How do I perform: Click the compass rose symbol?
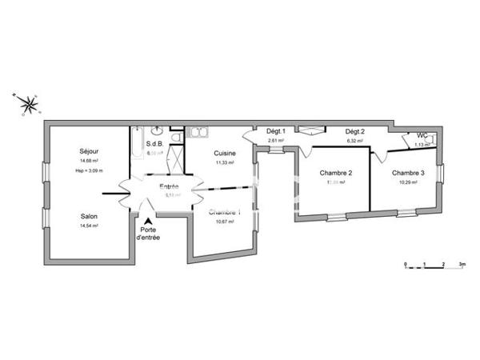[x=28, y=102]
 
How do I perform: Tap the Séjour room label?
[x=89, y=150]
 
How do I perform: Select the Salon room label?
[x=89, y=215]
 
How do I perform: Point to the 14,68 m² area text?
[x=89, y=161]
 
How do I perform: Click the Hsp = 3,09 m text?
[x=90, y=170]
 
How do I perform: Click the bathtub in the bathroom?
[x=138, y=143]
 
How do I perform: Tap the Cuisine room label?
[x=224, y=153]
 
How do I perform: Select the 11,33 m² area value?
[x=224, y=162]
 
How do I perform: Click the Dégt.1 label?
[x=277, y=132]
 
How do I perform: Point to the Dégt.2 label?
[x=354, y=132]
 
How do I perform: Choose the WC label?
[x=422, y=135]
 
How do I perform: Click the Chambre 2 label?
[x=336, y=173]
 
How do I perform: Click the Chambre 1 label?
[x=224, y=212]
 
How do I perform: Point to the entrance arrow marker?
[x=149, y=221]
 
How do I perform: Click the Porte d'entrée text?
[x=150, y=234]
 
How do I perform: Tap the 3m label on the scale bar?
[x=462, y=263]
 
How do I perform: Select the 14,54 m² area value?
[x=89, y=226]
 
